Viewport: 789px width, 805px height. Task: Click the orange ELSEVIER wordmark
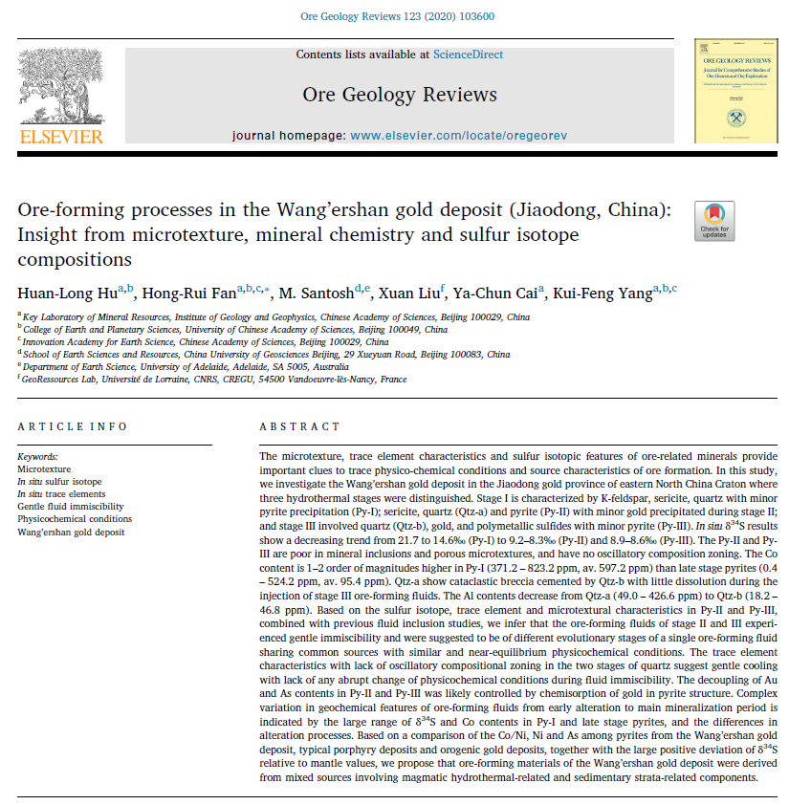coord(60,137)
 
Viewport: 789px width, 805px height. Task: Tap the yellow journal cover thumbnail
coord(734,91)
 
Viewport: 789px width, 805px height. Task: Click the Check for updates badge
coord(714,221)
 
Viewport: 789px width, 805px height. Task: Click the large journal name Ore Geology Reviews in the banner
coord(400,95)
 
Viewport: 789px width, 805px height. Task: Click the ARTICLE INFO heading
coord(72,426)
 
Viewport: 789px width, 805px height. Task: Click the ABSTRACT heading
coord(299,426)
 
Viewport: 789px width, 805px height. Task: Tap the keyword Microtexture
coord(44,469)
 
